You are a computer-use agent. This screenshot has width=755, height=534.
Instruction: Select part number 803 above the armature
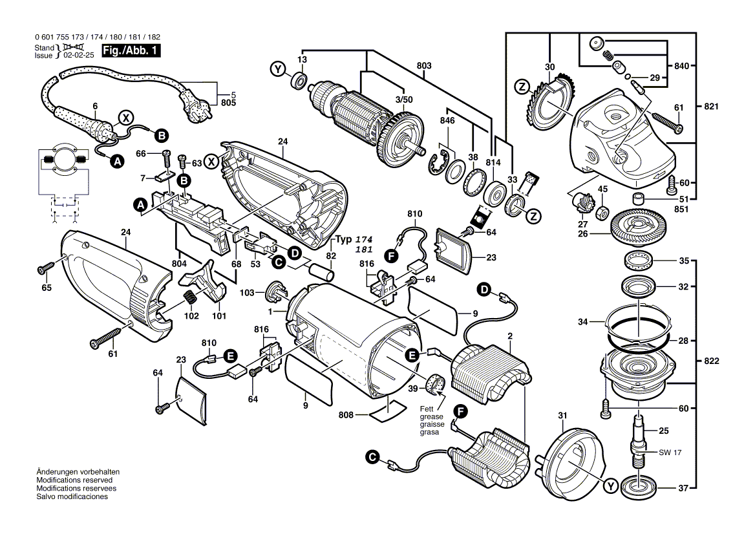coord(424,65)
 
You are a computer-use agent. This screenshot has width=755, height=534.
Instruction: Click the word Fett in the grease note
coord(426,409)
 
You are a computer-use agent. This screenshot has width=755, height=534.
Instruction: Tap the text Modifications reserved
coord(74,480)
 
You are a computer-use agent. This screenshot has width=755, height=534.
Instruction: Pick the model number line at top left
coord(95,37)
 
